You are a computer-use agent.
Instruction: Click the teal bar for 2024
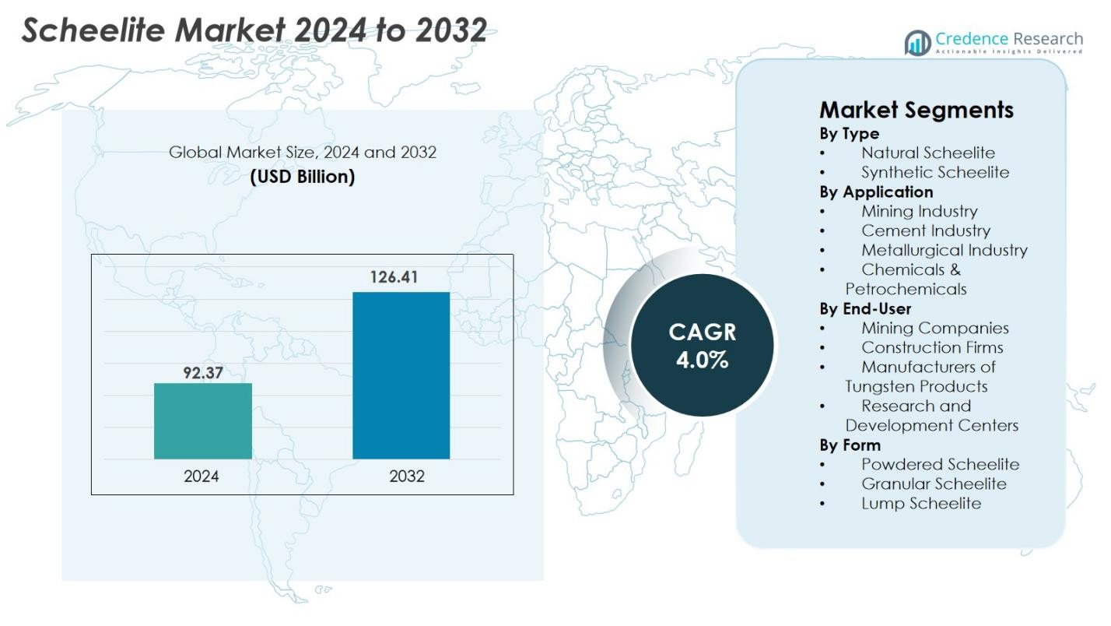(202, 420)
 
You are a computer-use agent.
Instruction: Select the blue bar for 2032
(401, 375)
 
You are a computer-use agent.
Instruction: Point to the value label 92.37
(202, 373)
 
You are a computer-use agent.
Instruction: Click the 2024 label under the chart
(202, 477)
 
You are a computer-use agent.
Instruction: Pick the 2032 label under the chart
(407, 477)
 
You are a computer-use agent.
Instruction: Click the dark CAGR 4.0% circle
(702, 346)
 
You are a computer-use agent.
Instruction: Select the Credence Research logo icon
(917, 43)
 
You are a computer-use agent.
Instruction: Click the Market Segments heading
(916, 110)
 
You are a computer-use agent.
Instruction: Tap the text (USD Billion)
(302, 177)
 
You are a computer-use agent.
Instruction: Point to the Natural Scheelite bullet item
(927, 153)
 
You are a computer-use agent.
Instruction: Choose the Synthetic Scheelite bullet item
(934, 172)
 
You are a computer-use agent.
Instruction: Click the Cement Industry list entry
(925, 230)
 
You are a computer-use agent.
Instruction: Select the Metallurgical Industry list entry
(944, 250)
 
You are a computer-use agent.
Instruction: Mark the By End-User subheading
(864, 308)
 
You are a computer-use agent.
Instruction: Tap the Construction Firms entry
(931, 347)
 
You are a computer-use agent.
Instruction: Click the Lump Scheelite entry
(920, 503)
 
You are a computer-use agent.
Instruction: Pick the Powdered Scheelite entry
(939, 464)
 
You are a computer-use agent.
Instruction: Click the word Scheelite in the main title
(93, 30)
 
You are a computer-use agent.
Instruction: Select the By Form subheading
(850, 445)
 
